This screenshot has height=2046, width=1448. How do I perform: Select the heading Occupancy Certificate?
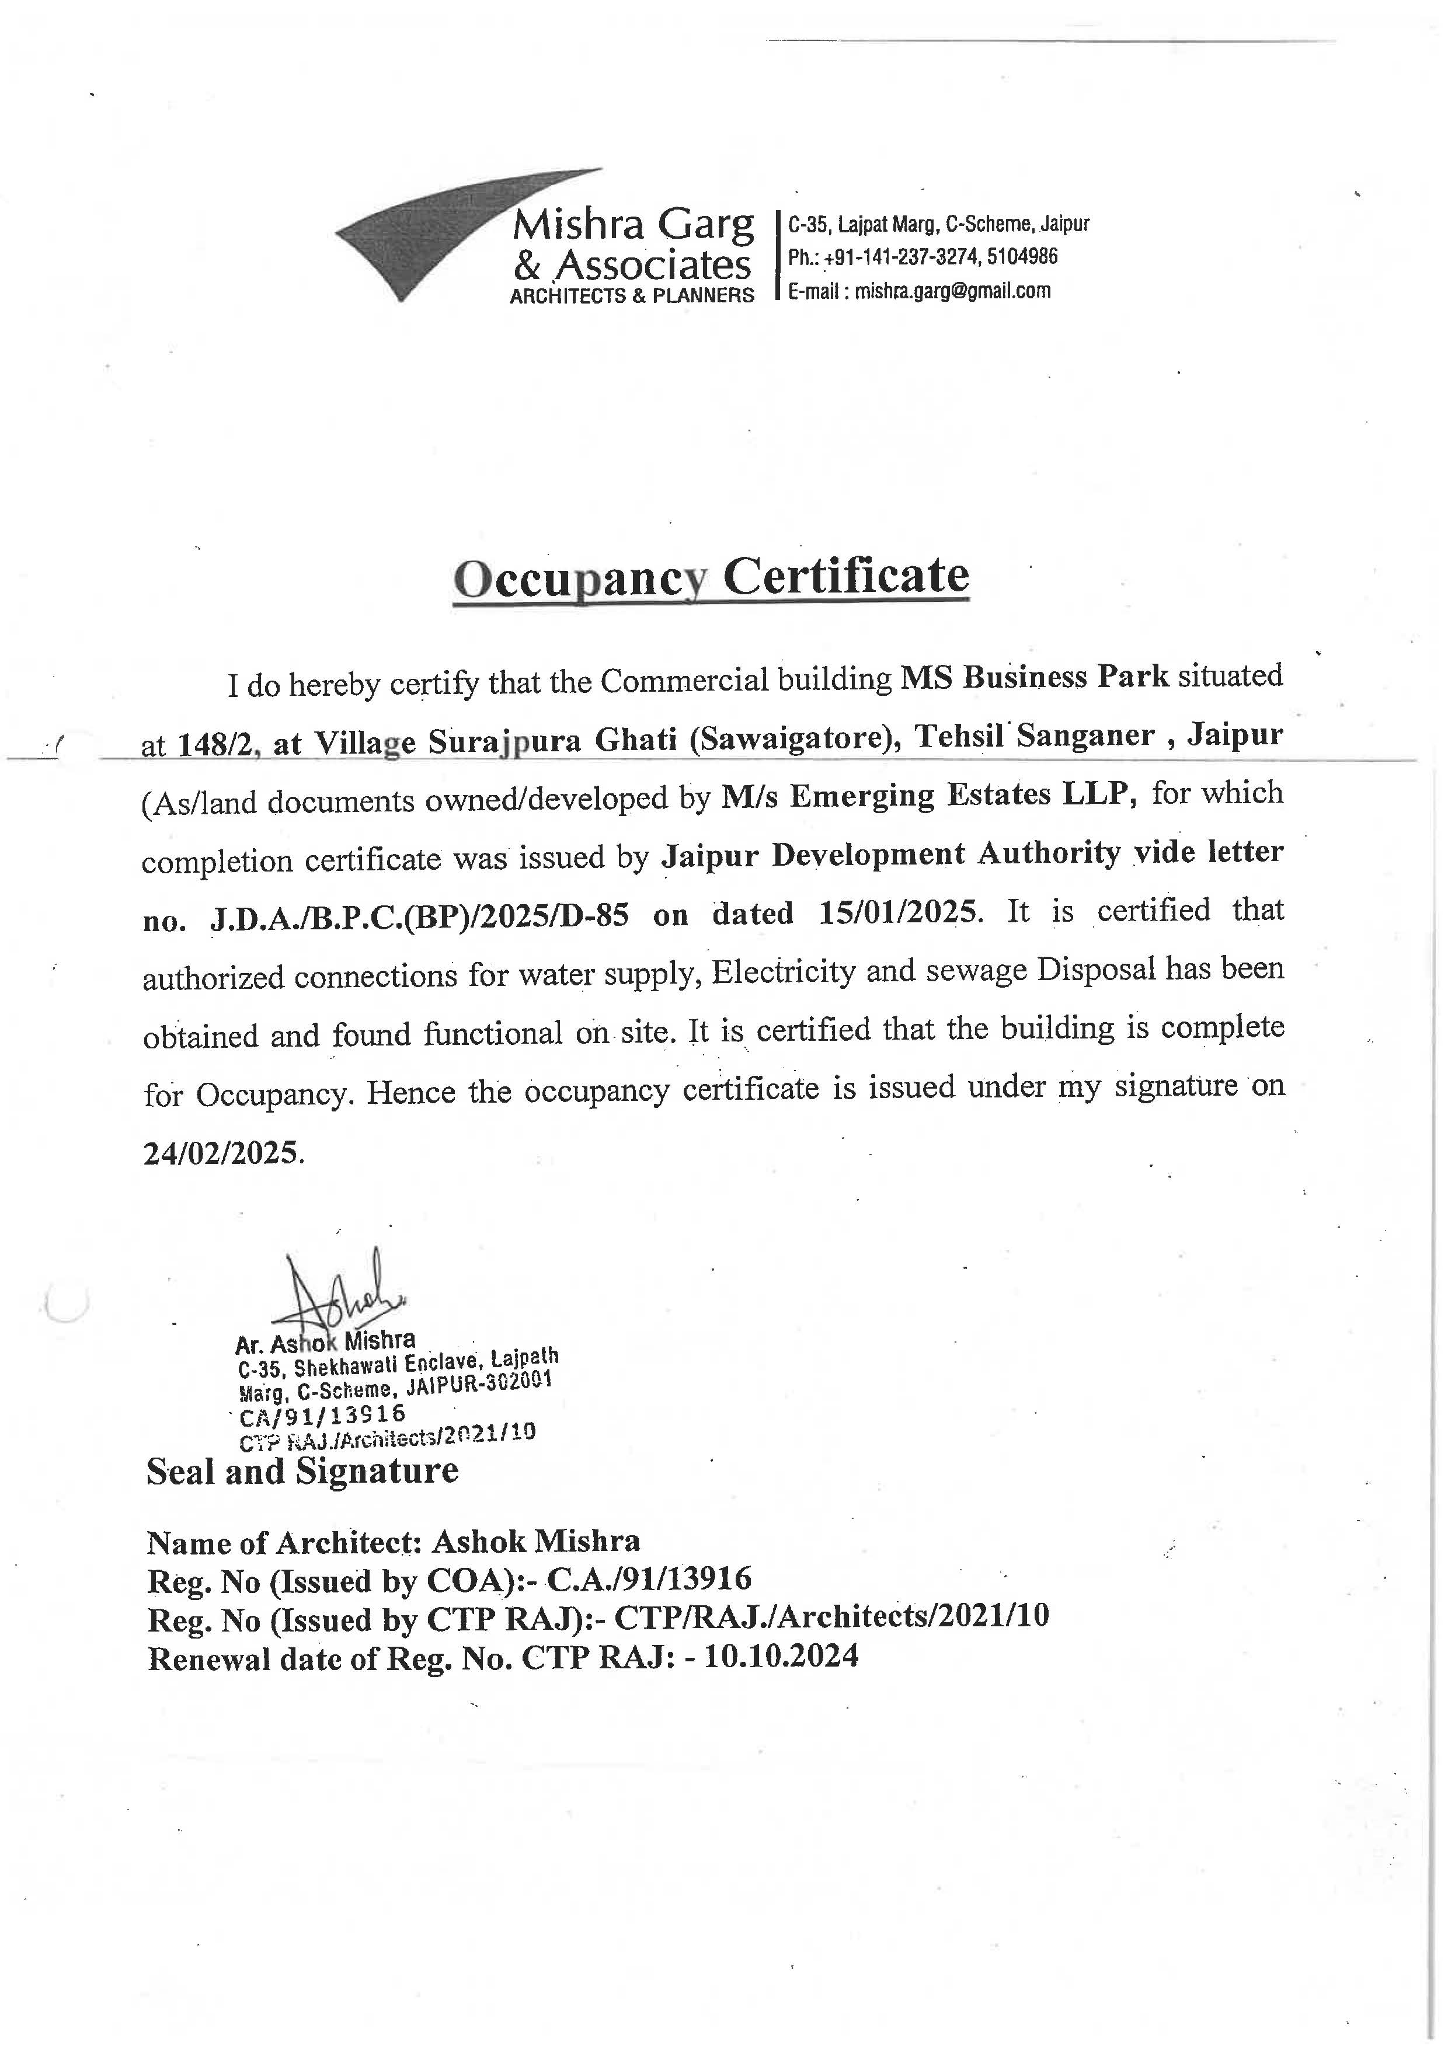(711, 576)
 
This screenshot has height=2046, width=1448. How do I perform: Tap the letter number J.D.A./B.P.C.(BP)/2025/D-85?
(420, 915)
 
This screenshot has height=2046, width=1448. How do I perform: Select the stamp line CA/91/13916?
(322, 1414)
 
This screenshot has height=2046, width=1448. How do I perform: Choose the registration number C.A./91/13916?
(649, 1579)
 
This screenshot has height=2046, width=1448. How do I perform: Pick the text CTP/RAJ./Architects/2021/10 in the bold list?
(831, 1617)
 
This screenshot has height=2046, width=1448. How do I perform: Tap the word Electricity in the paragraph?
(784, 971)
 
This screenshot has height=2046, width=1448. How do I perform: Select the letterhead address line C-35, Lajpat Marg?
(938, 224)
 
